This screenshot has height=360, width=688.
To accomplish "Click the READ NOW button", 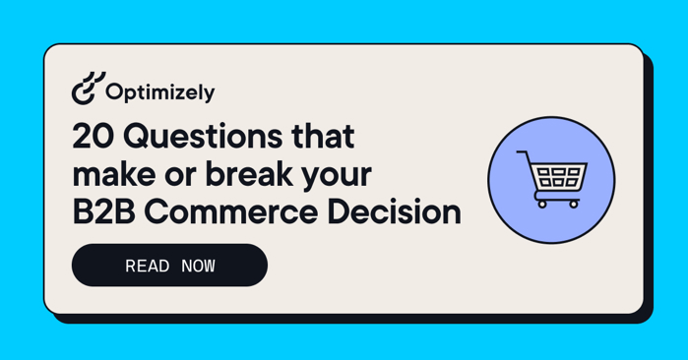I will coord(169,266).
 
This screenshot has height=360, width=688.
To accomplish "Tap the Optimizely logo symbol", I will coord(87,90).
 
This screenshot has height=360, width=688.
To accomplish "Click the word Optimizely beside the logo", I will coord(159,93).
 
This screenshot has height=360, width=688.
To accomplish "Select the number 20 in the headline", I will coord(92,136).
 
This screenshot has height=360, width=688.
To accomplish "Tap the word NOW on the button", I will coord(198,267).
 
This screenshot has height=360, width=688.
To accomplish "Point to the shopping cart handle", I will coord(526,156).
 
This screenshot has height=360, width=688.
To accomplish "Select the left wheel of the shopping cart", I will coord(541,204).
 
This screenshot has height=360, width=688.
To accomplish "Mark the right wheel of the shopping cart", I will coord(574,204).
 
